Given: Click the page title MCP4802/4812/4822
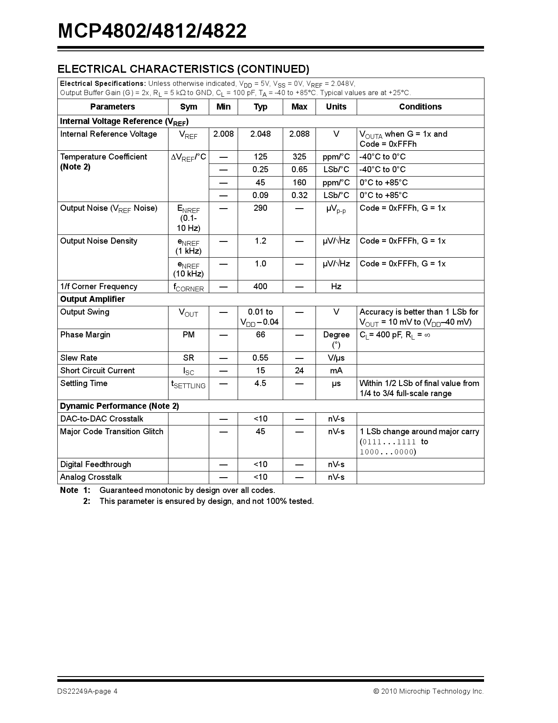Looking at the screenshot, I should coord(152,31).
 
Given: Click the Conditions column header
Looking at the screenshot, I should coord(420,106).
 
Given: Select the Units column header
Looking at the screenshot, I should coord(336,106).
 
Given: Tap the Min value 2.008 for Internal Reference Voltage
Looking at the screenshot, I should coord(223,134).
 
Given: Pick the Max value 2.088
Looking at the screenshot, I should coord(299,134).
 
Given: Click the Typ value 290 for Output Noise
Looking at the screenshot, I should coord(260,208).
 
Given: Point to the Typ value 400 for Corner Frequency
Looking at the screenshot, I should coord(260,287).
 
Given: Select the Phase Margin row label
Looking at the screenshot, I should coord(85,335).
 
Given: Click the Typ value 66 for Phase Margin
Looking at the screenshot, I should coord(260,335).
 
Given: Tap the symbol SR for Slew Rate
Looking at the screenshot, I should coord(189,358).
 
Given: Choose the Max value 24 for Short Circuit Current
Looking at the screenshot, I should coord(299,371).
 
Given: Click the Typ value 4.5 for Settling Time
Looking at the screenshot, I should coord(260,383).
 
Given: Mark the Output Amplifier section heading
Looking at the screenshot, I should coord(92,299).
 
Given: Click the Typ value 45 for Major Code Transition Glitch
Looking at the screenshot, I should coord(260,432).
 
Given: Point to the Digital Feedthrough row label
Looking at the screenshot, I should coord(95,464).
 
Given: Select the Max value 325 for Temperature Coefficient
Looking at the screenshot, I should coord(299,157).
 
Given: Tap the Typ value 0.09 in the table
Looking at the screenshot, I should coord(260,195).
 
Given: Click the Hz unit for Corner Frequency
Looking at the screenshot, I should coord(336,287).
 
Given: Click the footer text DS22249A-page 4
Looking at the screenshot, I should coord(87,691).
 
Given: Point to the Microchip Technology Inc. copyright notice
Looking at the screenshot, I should coord(428,691).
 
